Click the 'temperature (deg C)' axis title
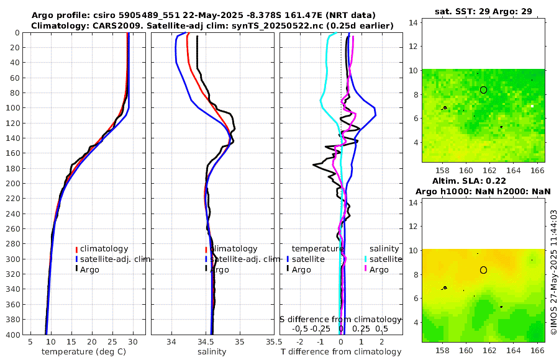click(x=75, y=352)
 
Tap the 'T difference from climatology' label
click(x=342, y=352)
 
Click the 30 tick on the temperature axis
click(x=133, y=341)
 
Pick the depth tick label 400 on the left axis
click(x=12, y=335)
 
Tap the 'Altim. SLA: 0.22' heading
click(x=483, y=180)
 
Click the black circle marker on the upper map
click(x=483, y=89)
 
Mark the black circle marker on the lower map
click(x=483, y=270)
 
